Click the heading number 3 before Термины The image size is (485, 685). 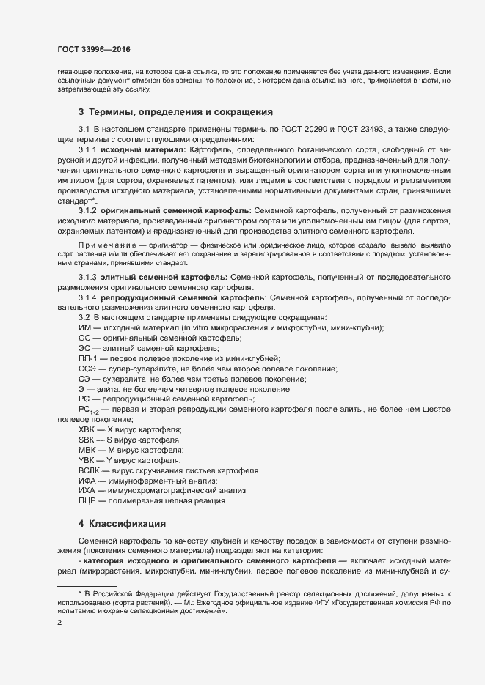coord(81,112)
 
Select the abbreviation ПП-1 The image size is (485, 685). coord(87,358)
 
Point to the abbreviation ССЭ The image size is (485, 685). coord(87,369)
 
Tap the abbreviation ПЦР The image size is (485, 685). coord(87,500)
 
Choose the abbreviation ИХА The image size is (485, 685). coord(87,490)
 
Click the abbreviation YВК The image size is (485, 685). coord(87,459)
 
